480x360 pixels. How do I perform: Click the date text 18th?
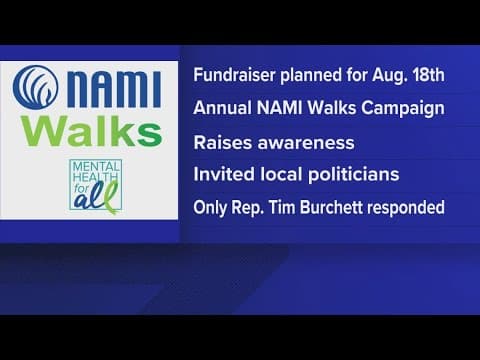click(421, 73)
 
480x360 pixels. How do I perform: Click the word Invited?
click(223, 174)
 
